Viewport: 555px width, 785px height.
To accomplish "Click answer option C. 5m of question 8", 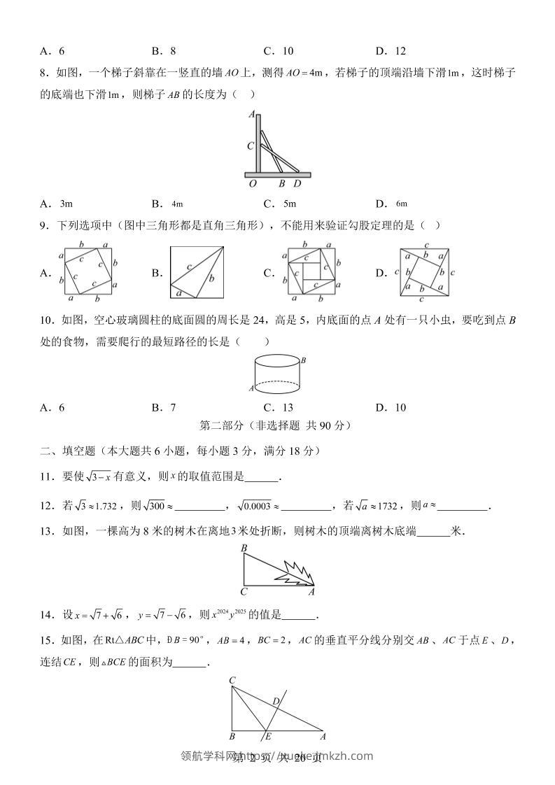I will (x=279, y=204).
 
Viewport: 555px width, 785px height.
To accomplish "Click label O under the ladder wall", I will (x=252, y=184).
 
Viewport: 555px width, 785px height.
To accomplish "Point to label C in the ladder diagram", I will (x=250, y=146).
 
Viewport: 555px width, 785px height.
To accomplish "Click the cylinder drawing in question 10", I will (x=277, y=374).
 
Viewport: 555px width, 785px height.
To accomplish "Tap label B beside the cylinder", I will (x=304, y=360).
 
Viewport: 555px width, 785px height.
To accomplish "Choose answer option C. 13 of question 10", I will (x=279, y=408).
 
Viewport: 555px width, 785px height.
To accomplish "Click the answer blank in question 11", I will (x=262, y=478).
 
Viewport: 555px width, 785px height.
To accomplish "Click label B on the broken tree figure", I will (x=244, y=548).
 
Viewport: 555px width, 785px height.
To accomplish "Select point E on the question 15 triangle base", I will (x=268, y=736).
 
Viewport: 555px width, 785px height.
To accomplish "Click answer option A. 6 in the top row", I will (x=52, y=50).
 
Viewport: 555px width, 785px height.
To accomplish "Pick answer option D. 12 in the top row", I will (x=391, y=50).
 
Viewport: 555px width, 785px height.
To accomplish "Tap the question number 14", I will (x=47, y=616).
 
